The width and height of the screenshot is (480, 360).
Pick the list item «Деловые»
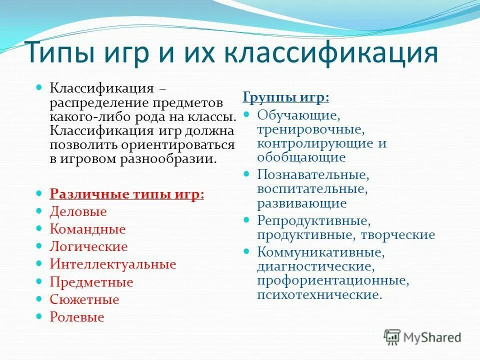coord(78,211)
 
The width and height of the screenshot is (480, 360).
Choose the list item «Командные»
coord(87,229)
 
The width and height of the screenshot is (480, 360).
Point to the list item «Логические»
coord(88,246)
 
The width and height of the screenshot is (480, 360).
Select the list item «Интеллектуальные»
coord(113,264)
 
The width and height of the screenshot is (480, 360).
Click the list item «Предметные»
coord(91,282)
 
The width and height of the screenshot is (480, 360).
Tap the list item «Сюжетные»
coord(84,299)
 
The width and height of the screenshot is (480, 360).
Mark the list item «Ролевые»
coord(77,317)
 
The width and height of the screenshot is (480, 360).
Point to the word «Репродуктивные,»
coord(314,220)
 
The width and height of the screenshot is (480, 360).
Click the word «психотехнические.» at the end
coord(319,295)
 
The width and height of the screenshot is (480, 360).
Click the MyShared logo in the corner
coord(422,336)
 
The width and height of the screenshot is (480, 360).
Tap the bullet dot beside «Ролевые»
coord(40,316)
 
